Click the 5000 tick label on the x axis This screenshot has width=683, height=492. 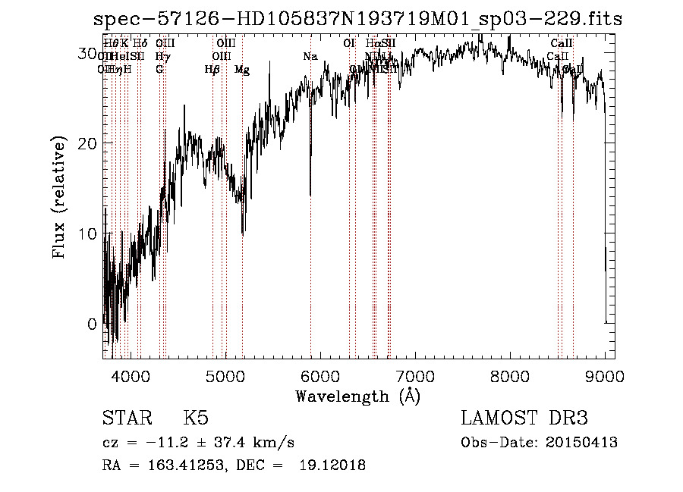tap(225, 375)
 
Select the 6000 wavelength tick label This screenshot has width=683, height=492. tap(319, 375)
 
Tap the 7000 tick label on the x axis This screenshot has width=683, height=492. tap(415, 375)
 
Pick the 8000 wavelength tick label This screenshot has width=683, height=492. tap(510, 375)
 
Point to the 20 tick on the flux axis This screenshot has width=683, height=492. tap(88, 143)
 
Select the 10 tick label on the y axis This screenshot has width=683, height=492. tap(88, 233)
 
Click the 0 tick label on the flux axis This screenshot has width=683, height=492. tap(93, 324)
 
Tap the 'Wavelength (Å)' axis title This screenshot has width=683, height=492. tap(357, 396)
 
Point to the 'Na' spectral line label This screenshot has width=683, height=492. tap(310, 57)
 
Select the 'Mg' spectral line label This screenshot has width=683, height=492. tap(242, 70)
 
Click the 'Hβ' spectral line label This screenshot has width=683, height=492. tap(212, 70)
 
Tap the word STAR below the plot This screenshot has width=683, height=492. tap(126, 418)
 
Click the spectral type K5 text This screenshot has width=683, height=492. tap(196, 418)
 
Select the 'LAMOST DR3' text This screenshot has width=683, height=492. tap(524, 418)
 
